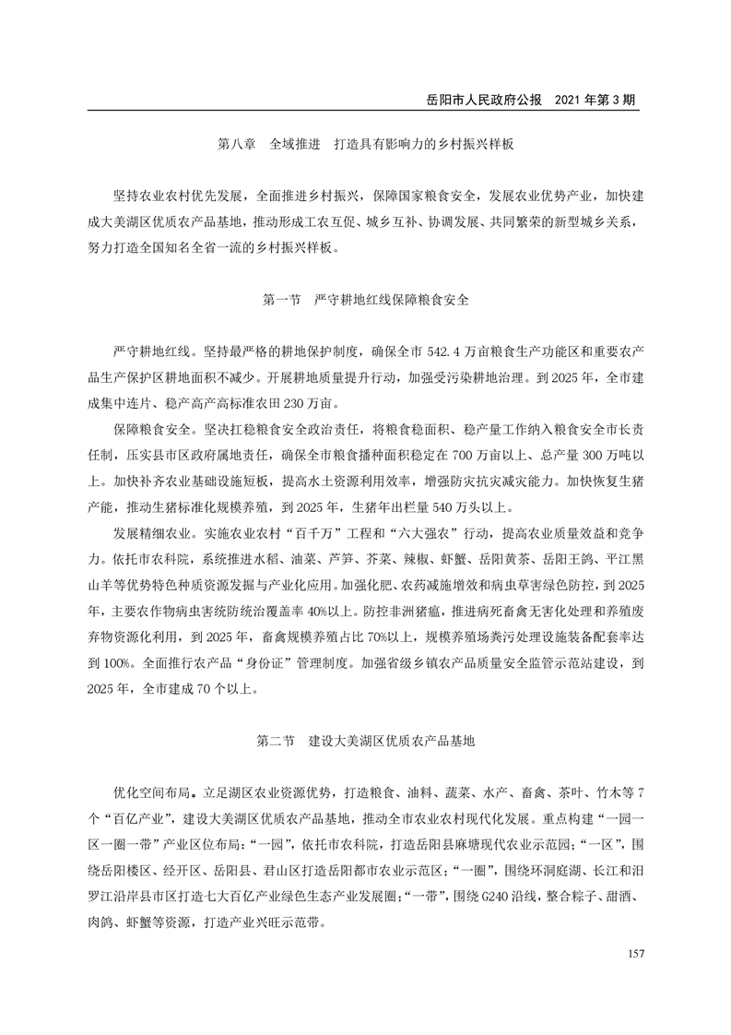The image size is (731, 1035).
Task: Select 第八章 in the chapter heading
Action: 237,146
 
